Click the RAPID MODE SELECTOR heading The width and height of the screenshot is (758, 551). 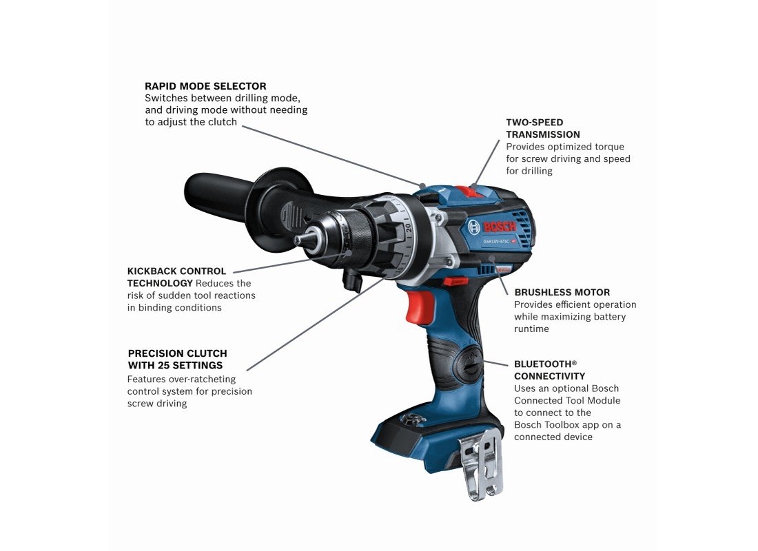205,86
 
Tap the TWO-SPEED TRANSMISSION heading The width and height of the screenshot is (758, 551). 543,129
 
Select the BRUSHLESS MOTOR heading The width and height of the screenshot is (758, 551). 562,293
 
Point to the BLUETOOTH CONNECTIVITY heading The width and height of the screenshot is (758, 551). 549,371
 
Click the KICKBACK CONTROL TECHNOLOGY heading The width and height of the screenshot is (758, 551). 176,277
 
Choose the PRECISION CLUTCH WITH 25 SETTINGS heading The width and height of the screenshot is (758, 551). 177,360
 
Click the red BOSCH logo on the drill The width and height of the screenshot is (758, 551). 500,226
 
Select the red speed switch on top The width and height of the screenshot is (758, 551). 469,191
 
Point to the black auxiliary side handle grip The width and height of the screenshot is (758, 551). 218,196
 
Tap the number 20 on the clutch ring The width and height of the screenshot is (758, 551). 408,227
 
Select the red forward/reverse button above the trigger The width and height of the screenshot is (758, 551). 454,281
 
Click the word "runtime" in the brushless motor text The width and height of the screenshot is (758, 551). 531,329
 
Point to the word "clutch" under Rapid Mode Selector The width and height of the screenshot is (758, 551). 222,123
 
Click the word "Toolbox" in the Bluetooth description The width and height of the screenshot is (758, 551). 565,425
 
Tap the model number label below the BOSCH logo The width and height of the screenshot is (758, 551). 496,241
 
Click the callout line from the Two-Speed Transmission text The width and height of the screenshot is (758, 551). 486,163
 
